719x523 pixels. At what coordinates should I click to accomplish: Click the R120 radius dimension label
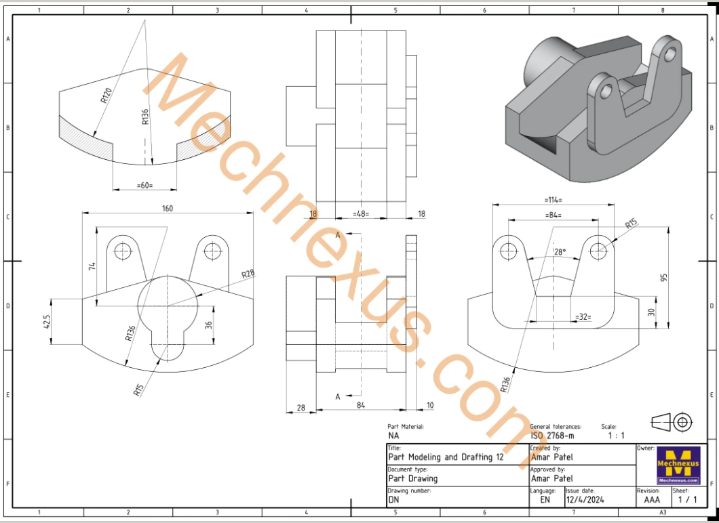(x=106, y=95)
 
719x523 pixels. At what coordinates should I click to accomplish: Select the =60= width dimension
(x=145, y=186)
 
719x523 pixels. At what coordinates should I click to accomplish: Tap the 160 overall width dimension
(x=168, y=209)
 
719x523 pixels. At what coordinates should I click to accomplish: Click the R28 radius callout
(x=248, y=274)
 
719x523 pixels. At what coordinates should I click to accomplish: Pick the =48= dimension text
(x=361, y=213)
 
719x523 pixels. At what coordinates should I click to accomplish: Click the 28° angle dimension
(x=560, y=251)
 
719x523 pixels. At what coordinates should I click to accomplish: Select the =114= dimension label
(x=553, y=200)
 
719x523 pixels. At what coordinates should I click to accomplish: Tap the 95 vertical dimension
(x=665, y=278)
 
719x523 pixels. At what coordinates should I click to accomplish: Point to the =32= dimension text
(x=583, y=316)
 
